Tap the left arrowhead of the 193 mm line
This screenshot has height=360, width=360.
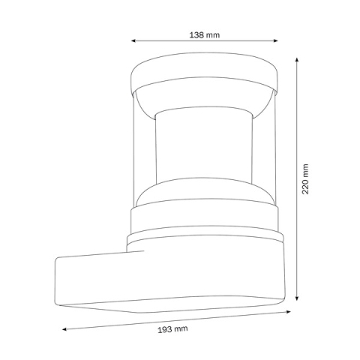click(x=64, y=328)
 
